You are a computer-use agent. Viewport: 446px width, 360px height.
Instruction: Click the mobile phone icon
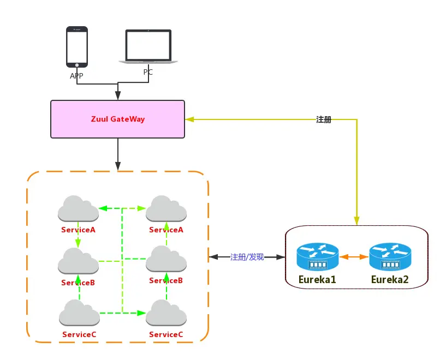click(77, 47)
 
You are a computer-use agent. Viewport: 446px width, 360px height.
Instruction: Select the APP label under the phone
click(77, 76)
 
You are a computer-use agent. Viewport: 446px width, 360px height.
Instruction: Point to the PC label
click(148, 72)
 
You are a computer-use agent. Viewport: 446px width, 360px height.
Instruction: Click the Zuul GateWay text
click(117, 119)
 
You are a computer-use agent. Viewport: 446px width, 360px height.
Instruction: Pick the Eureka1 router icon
click(317, 257)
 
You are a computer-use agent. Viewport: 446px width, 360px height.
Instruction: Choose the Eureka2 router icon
click(390, 257)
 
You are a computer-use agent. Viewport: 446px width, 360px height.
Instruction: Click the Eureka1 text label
click(317, 280)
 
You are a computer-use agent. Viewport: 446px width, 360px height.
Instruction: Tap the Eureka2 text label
click(390, 280)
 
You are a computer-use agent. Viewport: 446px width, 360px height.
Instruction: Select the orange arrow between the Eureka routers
click(353, 256)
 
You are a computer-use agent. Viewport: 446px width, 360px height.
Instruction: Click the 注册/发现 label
click(247, 256)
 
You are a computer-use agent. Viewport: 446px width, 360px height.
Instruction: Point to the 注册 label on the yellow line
click(324, 119)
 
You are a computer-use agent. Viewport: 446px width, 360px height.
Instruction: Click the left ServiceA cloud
click(78, 208)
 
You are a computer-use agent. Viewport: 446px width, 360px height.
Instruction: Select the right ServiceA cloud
click(166, 208)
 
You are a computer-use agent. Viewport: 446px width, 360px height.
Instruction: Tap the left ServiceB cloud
click(78, 261)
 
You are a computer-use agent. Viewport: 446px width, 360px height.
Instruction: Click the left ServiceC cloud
click(79, 313)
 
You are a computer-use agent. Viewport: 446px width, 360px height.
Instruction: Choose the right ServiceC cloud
click(166, 314)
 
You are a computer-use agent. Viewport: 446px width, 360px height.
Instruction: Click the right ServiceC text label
click(166, 334)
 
